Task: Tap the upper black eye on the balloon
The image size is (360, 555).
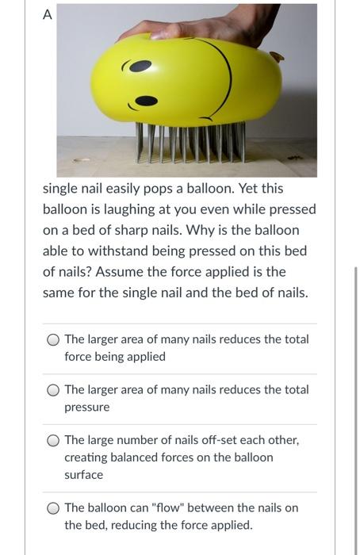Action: pos(140,67)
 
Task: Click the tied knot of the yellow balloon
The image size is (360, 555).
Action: pos(276,56)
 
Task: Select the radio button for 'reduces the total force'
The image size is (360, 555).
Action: pos(53,339)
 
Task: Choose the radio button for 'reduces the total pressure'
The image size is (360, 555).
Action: pos(53,390)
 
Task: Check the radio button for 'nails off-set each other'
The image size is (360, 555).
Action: pos(53,440)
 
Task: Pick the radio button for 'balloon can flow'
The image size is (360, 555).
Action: pos(53,508)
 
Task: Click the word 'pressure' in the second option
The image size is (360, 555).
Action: pos(87,407)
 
